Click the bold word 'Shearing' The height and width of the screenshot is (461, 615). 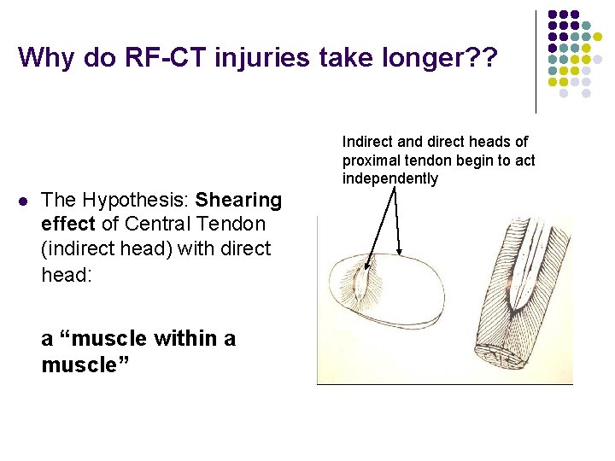(x=238, y=201)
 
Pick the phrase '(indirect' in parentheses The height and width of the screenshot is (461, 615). (x=79, y=249)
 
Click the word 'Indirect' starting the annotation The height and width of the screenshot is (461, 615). (x=368, y=142)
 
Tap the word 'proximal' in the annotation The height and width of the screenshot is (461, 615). (x=370, y=160)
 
